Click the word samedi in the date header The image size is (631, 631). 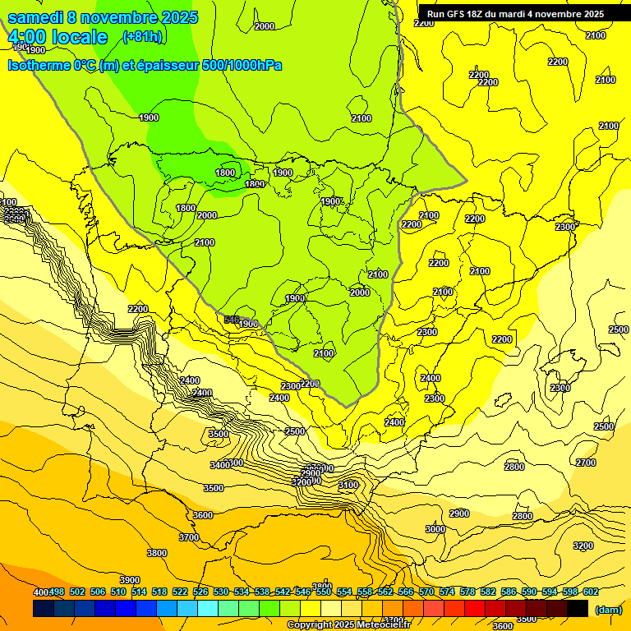point(37,18)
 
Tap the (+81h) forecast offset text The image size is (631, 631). point(142,37)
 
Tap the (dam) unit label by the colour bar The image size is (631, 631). point(607,610)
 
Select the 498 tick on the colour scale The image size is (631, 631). point(56,592)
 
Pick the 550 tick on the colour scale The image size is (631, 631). point(322,592)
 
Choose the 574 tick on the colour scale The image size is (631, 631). point(446,592)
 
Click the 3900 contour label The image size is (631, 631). point(130,580)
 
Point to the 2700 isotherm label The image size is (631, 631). point(585,463)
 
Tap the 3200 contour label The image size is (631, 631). point(583,546)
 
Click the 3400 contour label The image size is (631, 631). point(219,465)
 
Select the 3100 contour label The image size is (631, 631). point(348,486)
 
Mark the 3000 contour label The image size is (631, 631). point(435,530)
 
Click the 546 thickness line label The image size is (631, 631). point(232,319)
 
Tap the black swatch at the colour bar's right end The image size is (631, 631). point(578,608)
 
